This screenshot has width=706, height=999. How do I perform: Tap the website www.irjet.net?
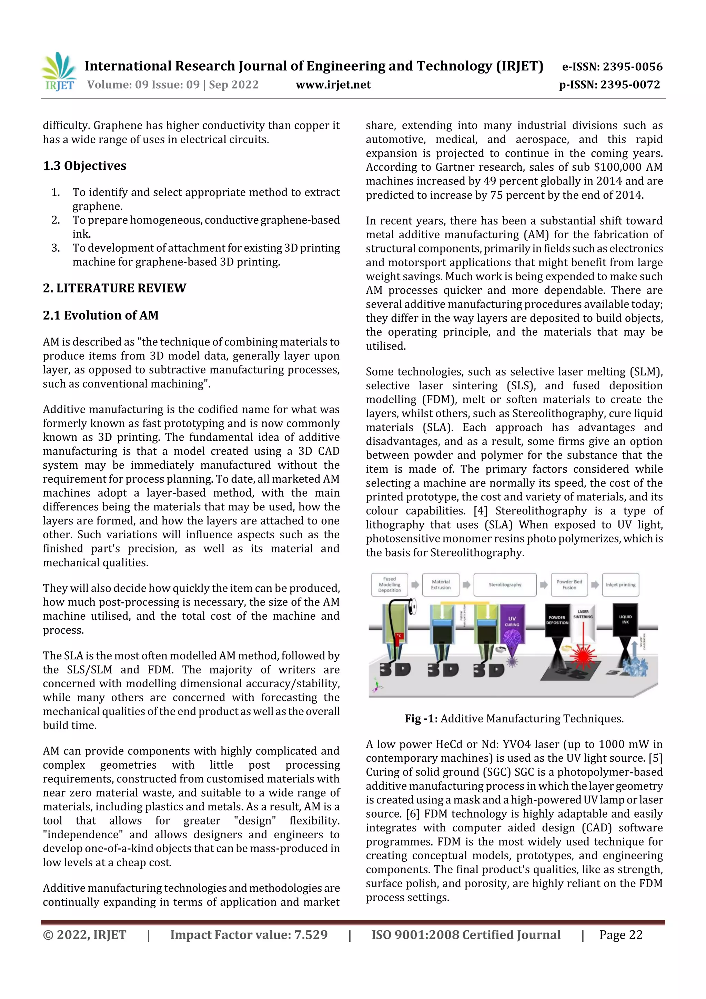333,85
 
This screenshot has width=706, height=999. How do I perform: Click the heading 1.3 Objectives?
84,166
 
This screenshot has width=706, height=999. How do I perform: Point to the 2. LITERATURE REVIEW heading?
114,288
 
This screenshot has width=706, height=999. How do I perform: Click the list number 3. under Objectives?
56,248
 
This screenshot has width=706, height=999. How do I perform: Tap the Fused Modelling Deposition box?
389,585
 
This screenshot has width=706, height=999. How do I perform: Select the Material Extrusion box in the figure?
441,585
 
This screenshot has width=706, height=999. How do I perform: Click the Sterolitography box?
505,585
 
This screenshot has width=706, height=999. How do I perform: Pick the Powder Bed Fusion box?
569,585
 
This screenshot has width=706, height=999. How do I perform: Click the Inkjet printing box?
620,585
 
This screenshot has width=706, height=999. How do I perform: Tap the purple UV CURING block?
512,622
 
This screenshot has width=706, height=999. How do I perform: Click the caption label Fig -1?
421,718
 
